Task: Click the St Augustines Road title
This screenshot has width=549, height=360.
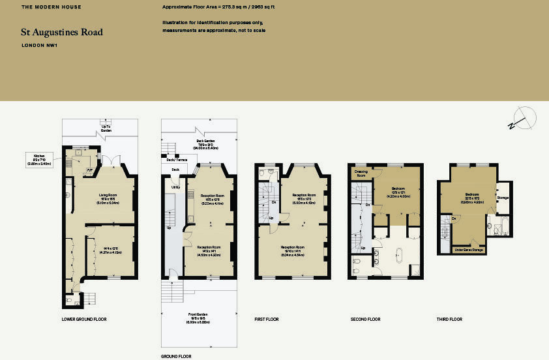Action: (x=62, y=32)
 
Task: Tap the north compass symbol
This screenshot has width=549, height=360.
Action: (x=524, y=119)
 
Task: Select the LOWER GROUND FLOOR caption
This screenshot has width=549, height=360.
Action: (x=84, y=320)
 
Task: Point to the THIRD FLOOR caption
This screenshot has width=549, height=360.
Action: (x=449, y=320)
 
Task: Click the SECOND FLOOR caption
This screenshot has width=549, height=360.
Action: (x=365, y=320)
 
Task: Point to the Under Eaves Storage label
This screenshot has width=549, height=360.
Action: (x=468, y=249)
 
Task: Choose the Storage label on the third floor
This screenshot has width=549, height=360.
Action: (x=503, y=197)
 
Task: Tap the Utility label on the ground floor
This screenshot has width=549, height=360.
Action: (x=175, y=187)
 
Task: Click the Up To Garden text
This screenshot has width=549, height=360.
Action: (x=106, y=128)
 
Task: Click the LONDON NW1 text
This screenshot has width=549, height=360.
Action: (x=35, y=45)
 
